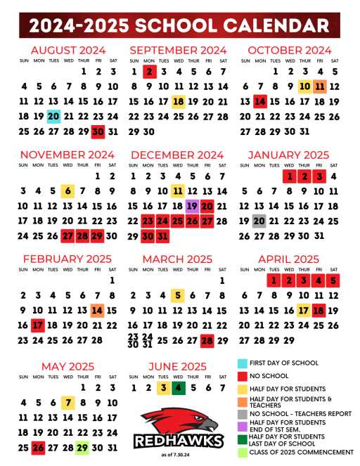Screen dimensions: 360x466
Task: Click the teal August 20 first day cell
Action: [x=53, y=117]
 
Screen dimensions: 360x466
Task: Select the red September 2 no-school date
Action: [x=149, y=72]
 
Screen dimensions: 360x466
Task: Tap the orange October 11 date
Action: [x=320, y=86]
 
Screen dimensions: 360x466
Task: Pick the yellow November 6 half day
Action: [x=68, y=190]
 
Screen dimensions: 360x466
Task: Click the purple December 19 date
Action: [x=192, y=206]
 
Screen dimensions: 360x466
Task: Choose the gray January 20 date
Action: [x=259, y=221]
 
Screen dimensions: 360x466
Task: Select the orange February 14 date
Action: [x=97, y=311]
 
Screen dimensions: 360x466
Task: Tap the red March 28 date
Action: [x=207, y=341]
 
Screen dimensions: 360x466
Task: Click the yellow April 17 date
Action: [x=304, y=311]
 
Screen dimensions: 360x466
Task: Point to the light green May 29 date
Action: [x=82, y=447]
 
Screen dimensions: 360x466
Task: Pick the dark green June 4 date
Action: [x=179, y=388]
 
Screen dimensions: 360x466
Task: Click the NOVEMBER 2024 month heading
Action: [x=67, y=155]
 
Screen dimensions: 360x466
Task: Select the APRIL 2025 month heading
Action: [x=289, y=259]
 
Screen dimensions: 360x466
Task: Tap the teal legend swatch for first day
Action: [x=242, y=363]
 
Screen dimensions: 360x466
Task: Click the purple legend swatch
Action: [x=242, y=427]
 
